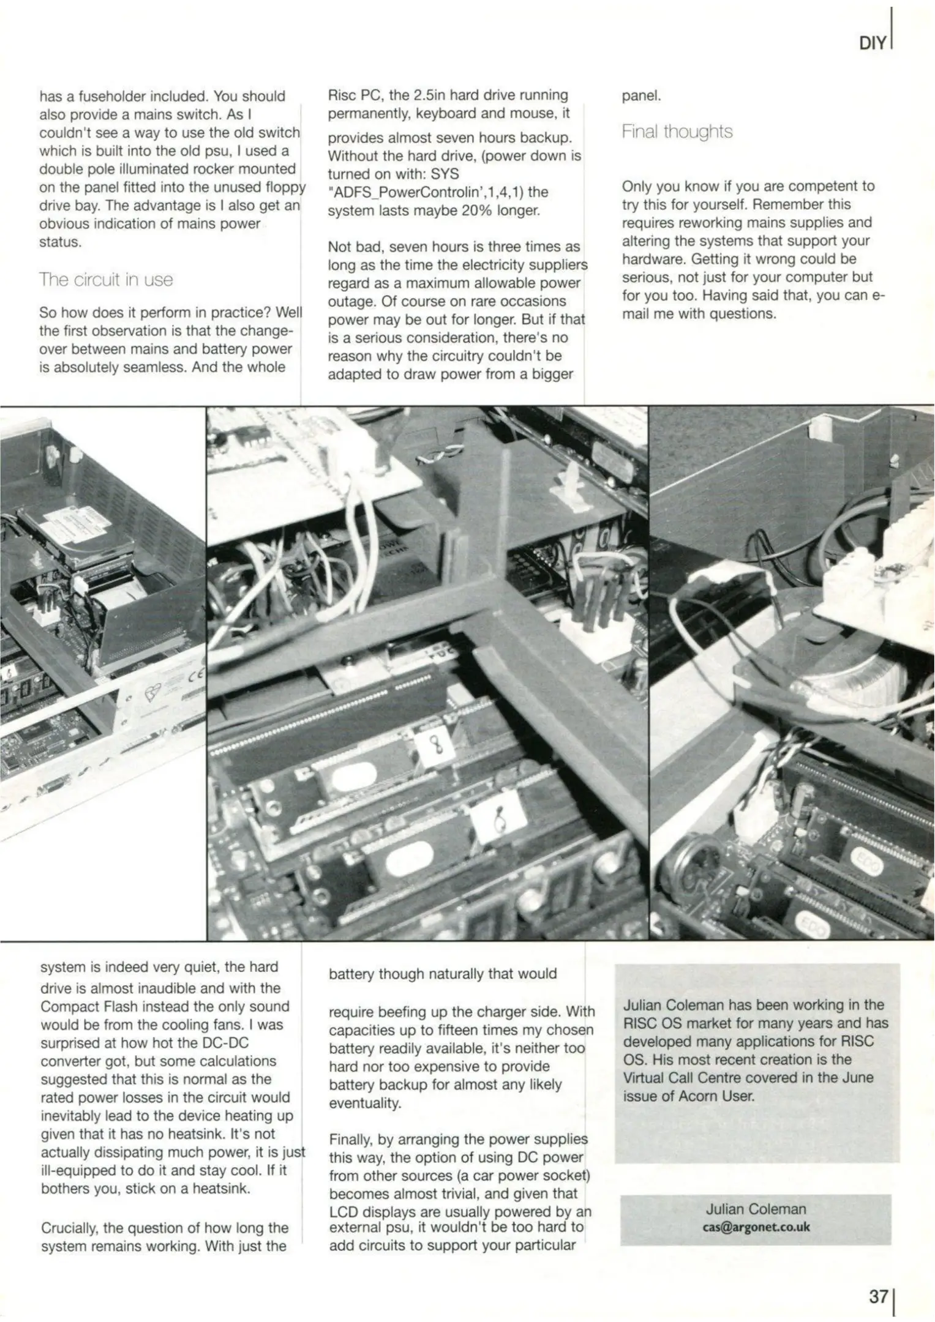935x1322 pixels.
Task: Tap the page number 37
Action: click(878, 1296)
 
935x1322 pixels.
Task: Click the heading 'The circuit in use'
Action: click(106, 280)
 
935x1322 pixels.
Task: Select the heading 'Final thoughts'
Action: click(677, 132)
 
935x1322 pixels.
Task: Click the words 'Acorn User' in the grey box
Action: click(705, 1096)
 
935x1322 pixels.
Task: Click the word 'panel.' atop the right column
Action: click(641, 95)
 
